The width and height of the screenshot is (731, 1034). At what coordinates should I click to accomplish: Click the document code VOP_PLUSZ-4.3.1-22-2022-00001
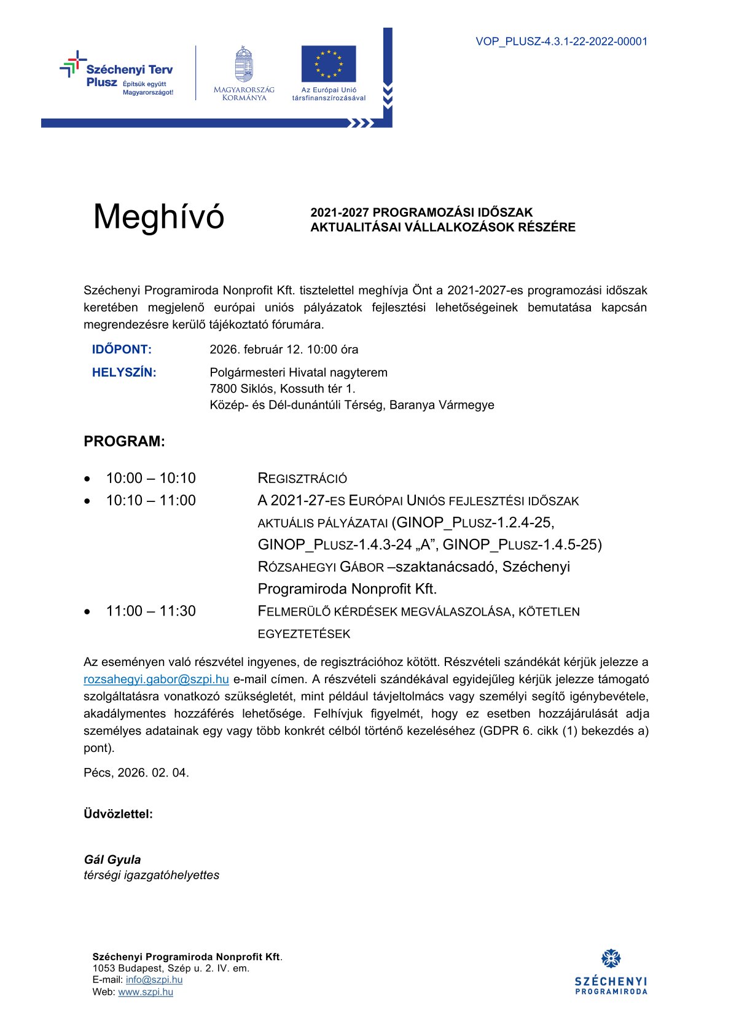pyautogui.click(x=561, y=42)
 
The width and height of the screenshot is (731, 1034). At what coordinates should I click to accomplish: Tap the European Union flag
pyautogui.click(x=329, y=63)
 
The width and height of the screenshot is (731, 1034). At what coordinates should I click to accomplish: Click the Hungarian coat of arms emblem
pyautogui.click(x=244, y=64)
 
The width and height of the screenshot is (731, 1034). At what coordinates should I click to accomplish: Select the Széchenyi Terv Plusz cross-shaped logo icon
pyautogui.click(x=73, y=63)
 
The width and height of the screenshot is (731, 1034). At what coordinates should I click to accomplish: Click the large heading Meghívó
pyautogui.click(x=158, y=217)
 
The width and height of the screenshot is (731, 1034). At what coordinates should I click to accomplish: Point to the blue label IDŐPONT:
pyautogui.click(x=122, y=350)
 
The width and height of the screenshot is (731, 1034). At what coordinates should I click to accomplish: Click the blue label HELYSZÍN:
pyautogui.click(x=124, y=372)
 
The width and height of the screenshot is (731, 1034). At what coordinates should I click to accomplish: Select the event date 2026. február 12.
pyautogui.click(x=256, y=350)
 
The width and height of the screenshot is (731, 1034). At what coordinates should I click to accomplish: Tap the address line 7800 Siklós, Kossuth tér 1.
pyautogui.click(x=283, y=388)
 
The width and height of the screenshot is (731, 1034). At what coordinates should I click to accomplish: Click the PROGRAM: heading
pyautogui.click(x=124, y=442)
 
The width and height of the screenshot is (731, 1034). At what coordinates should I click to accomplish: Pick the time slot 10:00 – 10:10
pyautogui.click(x=150, y=478)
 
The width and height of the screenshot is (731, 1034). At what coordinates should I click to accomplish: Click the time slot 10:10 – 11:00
pyautogui.click(x=150, y=500)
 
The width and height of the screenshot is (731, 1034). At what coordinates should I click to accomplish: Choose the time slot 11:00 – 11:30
pyautogui.click(x=150, y=611)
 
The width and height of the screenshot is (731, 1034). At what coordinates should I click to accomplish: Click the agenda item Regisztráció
pyautogui.click(x=302, y=478)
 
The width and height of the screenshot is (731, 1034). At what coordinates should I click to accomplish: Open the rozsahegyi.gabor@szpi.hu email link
pyautogui.click(x=156, y=680)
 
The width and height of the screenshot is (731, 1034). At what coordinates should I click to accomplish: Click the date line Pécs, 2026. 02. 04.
pyautogui.click(x=136, y=773)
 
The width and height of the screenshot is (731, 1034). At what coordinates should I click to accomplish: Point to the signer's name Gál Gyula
pyautogui.click(x=112, y=860)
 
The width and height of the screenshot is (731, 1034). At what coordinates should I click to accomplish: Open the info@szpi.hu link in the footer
pyautogui.click(x=154, y=980)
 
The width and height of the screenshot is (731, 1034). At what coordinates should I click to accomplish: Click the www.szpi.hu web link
pyautogui.click(x=146, y=992)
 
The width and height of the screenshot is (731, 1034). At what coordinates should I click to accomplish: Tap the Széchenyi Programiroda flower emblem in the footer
pyautogui.click(x=611, y=958)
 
